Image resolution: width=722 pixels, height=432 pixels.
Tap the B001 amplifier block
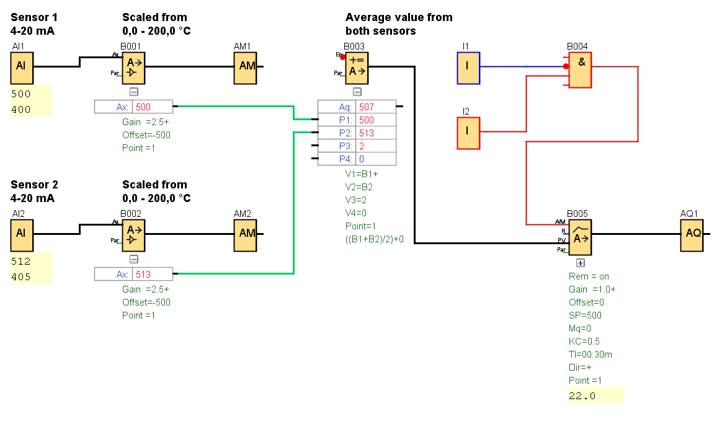(133, 68)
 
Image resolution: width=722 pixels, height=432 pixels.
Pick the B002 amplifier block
(133, 234)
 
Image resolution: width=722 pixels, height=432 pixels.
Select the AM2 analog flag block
(245, 234)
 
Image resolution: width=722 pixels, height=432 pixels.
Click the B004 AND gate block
(581, 69)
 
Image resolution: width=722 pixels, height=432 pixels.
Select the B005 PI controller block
(581, 236)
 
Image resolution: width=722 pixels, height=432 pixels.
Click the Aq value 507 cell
(375, 107)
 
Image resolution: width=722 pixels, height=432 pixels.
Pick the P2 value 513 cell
(375, 133)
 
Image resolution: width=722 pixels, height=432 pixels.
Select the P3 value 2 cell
(375, 146)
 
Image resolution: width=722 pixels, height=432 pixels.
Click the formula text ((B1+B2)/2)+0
(374, 239)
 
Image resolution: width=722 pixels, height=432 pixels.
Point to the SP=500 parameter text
(585, 315)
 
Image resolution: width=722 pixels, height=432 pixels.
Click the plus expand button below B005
(581, 263)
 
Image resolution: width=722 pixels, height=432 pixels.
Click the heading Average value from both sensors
(398, 24)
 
